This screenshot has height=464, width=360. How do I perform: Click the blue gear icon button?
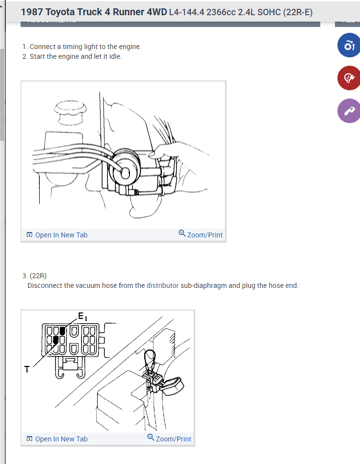point(349,45)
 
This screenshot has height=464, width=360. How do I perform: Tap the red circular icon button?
point(349,78)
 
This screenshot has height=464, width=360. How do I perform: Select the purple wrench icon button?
point(349,111)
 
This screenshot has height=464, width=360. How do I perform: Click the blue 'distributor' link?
point(163,285)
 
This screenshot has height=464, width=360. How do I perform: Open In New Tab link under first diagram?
point(57,235)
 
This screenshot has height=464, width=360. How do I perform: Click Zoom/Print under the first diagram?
point(201,234)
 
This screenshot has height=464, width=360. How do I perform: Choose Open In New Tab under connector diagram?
point(57,439)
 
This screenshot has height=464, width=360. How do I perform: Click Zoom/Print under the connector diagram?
point(170,438)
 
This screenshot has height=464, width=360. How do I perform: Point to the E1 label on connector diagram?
point(82,316)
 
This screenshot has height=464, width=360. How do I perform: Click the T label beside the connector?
point(27,369)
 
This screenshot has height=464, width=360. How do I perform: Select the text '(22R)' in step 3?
point(38,276)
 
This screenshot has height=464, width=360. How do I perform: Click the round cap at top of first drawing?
point(71,112)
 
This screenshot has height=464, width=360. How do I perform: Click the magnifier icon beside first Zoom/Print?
point(182,233)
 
